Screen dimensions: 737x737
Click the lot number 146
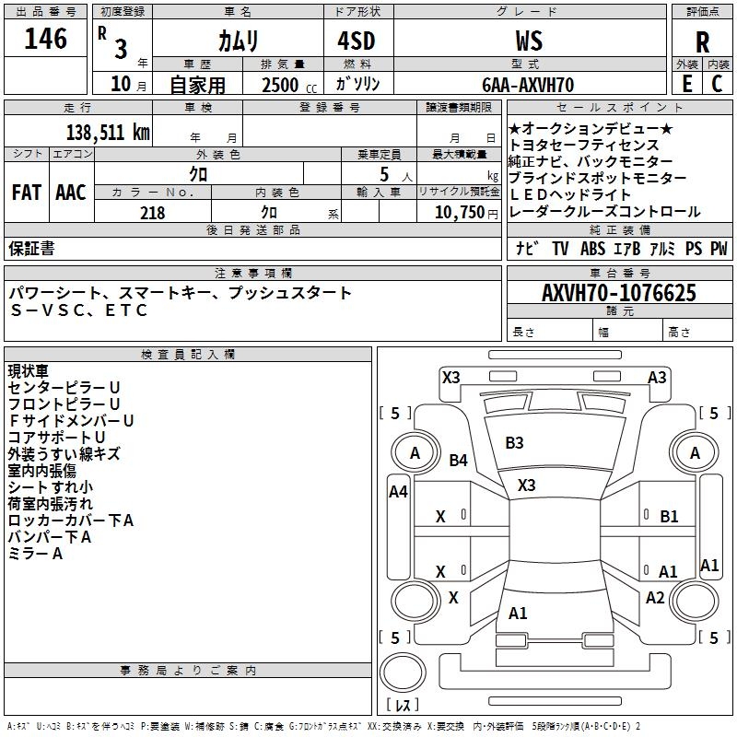pos(46,40)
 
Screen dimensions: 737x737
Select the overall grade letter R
pos(703,42)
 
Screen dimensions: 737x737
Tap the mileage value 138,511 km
pos(108,132)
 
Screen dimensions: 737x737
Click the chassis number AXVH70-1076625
pos(619,293)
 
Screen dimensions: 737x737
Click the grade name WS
pos(529,41)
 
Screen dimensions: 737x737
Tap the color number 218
pos(153,213)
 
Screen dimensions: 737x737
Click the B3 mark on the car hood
pos(514,443)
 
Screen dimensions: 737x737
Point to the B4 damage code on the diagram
pos(459,461)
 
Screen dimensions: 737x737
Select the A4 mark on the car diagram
pos(398,492)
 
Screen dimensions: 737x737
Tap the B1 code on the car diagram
pos(669,517)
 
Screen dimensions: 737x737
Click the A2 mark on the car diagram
pos(655,598)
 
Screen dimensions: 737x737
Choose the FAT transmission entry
pos(26,193)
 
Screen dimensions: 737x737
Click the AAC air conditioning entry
pos(70,193)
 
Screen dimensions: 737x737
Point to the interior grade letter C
pos(717,83)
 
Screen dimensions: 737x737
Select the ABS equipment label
pos(592,249)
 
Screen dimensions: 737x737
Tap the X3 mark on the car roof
pos(527,485)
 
